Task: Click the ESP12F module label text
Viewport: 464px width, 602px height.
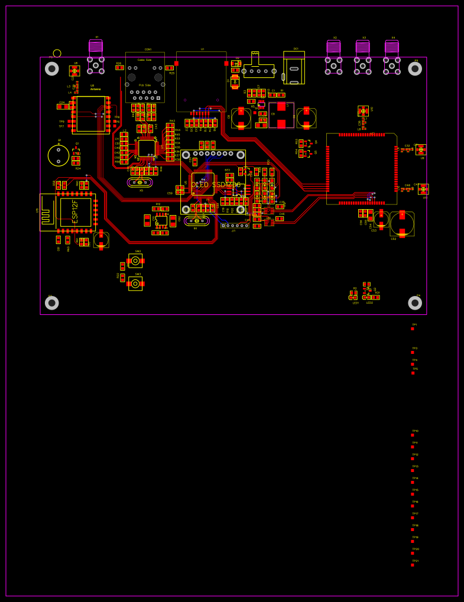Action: [x=75, y=211]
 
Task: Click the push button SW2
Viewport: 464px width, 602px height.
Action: [x=135, y=261]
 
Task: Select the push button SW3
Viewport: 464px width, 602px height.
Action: [x=135, y=284]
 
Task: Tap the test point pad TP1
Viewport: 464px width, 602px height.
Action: [x=413, y=328]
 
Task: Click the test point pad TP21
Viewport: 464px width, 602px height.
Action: [x=413, y=565]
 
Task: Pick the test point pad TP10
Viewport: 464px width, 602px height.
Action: [x=413, y=435]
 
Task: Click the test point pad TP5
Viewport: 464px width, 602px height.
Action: [x=413, y=373]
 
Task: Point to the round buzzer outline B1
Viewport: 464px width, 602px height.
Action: [x=59, y=155]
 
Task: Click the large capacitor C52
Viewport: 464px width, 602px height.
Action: [x=402, y=224]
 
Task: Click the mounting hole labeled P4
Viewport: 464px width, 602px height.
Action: [x=415, y=303]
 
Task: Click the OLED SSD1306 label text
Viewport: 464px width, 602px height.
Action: [x=216, y=185]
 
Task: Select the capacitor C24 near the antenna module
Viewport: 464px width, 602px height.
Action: [x=62, y=106]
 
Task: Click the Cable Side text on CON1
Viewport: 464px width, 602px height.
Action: [x=145, y=60]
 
